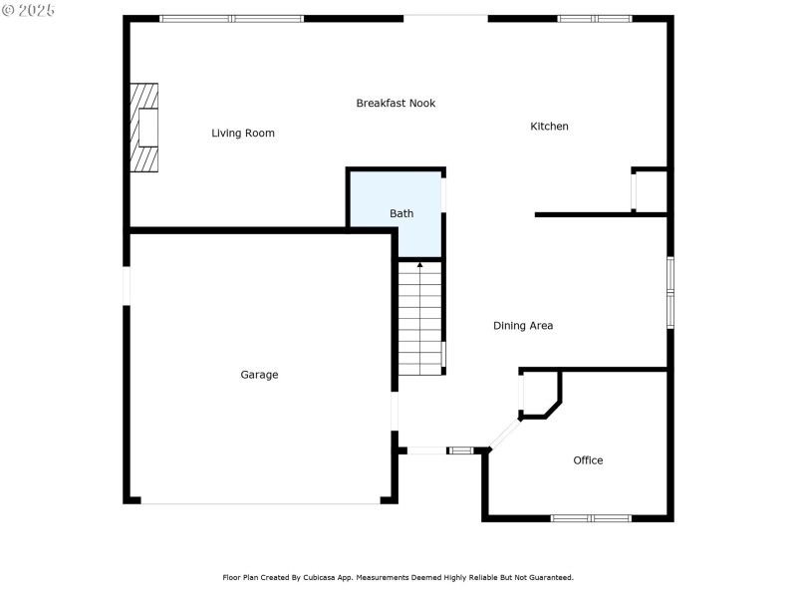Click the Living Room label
click(x=243, y=134)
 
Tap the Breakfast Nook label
click(x=396, y=104)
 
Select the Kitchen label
click(x=549, y=127)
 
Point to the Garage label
click(x=259, y=375)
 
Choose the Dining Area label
click(x=523, y=326)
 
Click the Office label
click(x=588, y=460)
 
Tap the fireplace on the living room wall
click(x=145, y=129)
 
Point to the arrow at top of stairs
click(x=420, y=265)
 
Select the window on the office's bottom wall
click(x=591, y=518)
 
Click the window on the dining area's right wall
click(x=670, y=292)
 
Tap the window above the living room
click(x=232, y=18)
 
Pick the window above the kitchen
click(x=594, y=18)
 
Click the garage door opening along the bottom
click(x=260, y=502)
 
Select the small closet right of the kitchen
click(x=651, y=190)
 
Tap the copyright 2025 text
click(x=29, y=10)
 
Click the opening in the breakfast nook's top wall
click(x=445, y=17)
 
